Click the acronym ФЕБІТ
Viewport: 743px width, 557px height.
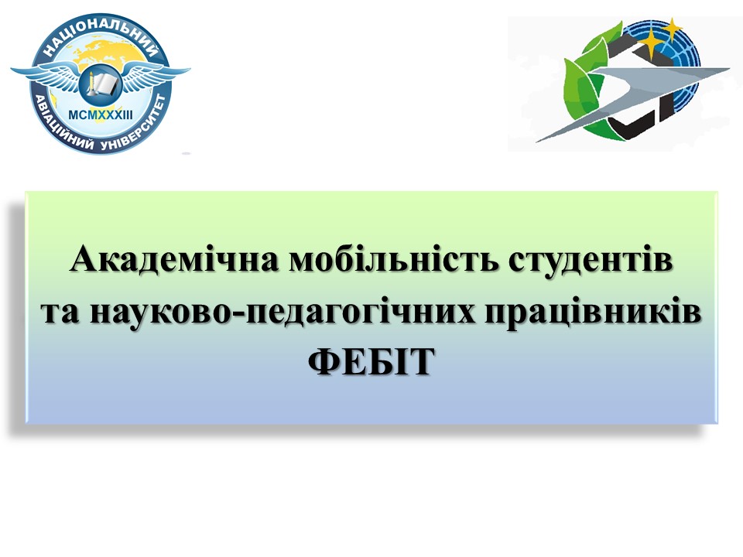pyautogui.click(x=371, y=361)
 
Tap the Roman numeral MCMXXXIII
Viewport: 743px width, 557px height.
pyautogui.click(x=101, y=114)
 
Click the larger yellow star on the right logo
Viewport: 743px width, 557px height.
pyautogui.click(x=650, y=42)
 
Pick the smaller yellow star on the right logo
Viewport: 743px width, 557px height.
pyautogui.click(x=672, y=28)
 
